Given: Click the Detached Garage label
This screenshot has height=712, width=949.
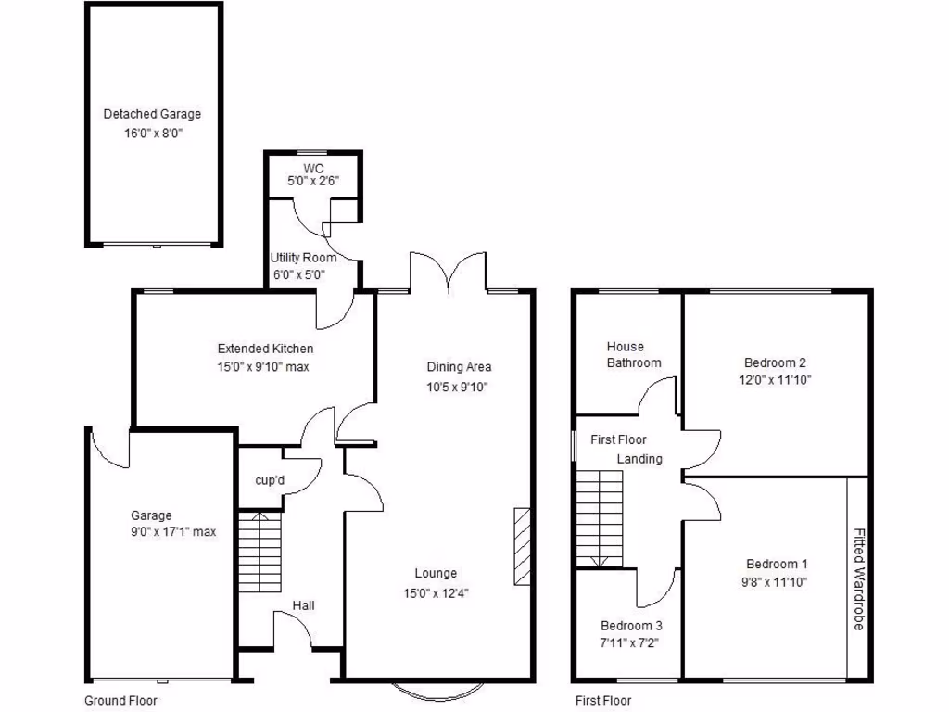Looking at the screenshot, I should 152,115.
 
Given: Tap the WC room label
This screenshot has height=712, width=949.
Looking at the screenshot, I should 314,168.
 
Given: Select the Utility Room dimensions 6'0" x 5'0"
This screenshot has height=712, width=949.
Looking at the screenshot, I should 303,273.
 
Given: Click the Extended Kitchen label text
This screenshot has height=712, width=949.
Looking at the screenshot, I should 265,350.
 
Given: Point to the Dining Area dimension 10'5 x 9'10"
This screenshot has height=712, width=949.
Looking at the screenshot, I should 459,386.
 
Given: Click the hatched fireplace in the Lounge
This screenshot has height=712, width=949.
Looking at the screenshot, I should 522,546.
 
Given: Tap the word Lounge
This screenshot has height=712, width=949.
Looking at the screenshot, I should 436,574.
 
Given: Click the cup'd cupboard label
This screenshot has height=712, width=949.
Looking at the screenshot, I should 270,480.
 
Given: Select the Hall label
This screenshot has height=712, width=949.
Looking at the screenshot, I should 303,606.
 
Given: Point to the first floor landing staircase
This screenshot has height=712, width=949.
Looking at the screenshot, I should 599,517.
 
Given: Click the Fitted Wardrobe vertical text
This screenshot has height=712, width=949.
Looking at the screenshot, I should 858,579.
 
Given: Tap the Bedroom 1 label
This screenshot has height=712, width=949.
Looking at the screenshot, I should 777,564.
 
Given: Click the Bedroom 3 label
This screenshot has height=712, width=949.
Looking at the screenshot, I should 630,625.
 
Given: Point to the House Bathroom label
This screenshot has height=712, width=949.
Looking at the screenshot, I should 634,355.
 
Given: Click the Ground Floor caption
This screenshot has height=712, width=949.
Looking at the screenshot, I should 120,701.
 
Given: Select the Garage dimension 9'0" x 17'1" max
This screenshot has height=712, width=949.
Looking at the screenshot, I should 173,532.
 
